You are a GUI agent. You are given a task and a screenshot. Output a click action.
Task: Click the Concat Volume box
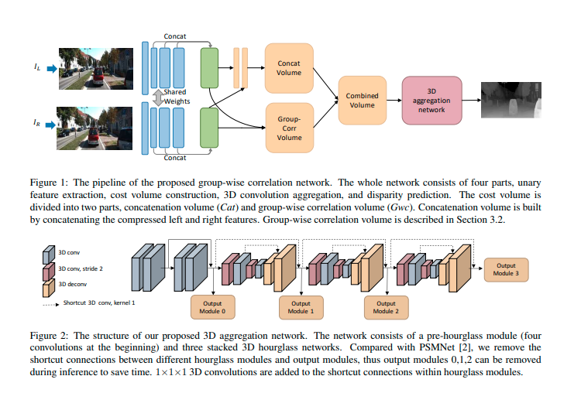tap(289, 67)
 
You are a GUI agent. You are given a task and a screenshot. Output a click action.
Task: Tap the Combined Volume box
tap(362, 101)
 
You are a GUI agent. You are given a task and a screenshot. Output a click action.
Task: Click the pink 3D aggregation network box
tap(431, 100)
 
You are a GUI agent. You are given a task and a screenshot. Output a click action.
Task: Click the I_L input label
tap(37, 68)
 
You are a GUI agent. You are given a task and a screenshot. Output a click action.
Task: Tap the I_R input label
tap(37, 122)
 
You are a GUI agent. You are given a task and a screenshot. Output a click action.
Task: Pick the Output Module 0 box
tap(211, 307)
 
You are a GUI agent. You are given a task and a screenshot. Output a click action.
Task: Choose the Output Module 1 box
tap(301, 307)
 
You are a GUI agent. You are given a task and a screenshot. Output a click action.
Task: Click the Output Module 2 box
tap(385, 307)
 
